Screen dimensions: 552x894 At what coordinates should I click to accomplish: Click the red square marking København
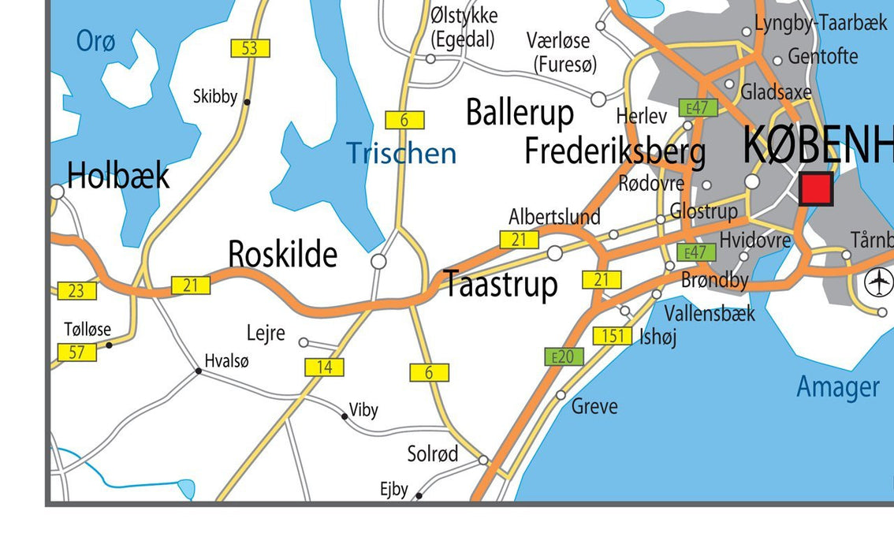(x=816, y=189)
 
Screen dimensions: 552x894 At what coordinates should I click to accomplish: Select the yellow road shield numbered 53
(x=250, y=48)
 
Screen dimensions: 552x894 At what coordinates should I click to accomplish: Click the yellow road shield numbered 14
(x=325, y=367)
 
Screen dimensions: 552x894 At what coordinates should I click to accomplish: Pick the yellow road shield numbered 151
(x=613, y=336)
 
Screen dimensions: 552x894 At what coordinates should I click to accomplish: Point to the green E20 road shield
(x=563, y=356)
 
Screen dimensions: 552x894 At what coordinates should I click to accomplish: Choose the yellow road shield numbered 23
(x=76, y=291)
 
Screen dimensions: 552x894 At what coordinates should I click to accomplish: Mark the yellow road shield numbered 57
(x=76, y=352)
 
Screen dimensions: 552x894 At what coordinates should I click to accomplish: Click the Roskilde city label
(x=282, y=255)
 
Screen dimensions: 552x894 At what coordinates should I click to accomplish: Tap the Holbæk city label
(x=117, y=175)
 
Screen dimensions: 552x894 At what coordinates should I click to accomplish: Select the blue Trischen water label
(x=401, y=153)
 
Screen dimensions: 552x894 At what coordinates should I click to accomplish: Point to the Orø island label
(x=95, y=41)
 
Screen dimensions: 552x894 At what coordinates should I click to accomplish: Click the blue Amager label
(x=838, y=387)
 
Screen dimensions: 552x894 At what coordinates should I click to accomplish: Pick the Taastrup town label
(x=501, y=285)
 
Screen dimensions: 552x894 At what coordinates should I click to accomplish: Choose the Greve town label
(x=594, y=407)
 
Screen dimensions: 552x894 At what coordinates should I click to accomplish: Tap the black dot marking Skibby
(x=247, y=102)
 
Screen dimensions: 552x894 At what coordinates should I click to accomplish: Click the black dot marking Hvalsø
(x=199, y=371)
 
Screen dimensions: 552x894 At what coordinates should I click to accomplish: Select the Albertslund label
(x=554, y=217)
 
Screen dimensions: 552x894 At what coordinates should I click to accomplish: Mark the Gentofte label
(x=822, y=57)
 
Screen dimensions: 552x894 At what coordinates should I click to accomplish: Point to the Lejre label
(x=266, y=334)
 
